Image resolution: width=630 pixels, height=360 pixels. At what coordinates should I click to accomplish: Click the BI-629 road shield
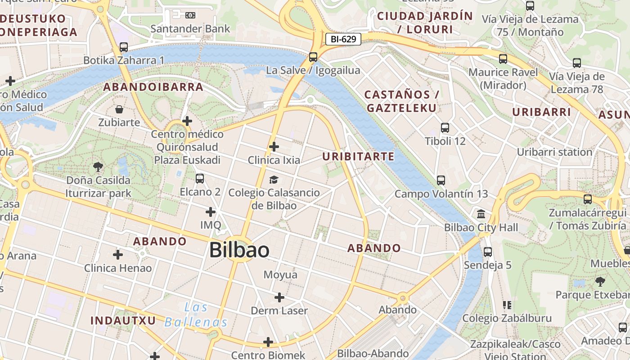[343, 39]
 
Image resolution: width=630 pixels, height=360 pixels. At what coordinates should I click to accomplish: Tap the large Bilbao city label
[239, 250]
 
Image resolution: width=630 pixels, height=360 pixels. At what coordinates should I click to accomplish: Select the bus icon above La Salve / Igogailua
[313, 57]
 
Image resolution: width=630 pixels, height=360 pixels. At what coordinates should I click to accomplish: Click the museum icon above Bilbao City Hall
[481, 214]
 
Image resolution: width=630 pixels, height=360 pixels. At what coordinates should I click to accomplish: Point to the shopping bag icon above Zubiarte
[119, 109]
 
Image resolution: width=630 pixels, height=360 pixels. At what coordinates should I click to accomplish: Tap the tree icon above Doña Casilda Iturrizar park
[98, 167]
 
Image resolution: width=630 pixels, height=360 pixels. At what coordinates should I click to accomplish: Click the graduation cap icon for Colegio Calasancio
[274, 180]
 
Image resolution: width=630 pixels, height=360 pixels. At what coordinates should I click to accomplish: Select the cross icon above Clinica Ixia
[274, 147]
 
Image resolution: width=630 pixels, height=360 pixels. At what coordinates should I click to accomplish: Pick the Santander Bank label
[190, 29]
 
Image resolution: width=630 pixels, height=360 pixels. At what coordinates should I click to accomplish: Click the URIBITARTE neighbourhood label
[358, 157]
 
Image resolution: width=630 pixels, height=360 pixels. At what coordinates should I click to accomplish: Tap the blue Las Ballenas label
[196, 315]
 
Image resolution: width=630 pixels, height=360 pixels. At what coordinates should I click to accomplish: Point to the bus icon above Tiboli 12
[445, 128]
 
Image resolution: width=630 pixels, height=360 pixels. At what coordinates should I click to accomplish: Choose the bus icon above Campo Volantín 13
[441, 180]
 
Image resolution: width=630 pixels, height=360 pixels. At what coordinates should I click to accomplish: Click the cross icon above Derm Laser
[279, 297]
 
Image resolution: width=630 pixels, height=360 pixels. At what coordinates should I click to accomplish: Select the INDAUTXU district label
[123, 320]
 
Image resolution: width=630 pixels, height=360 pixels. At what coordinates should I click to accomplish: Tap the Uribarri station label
[554, 152]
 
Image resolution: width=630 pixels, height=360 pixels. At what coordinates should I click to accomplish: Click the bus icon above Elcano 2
[200, 179]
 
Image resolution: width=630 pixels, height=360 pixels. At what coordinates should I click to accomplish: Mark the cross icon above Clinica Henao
[118, 255]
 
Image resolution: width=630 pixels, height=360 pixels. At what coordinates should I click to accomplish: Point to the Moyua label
[280, 274]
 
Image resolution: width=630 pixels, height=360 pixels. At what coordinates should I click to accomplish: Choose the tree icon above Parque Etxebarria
[600, 282]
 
